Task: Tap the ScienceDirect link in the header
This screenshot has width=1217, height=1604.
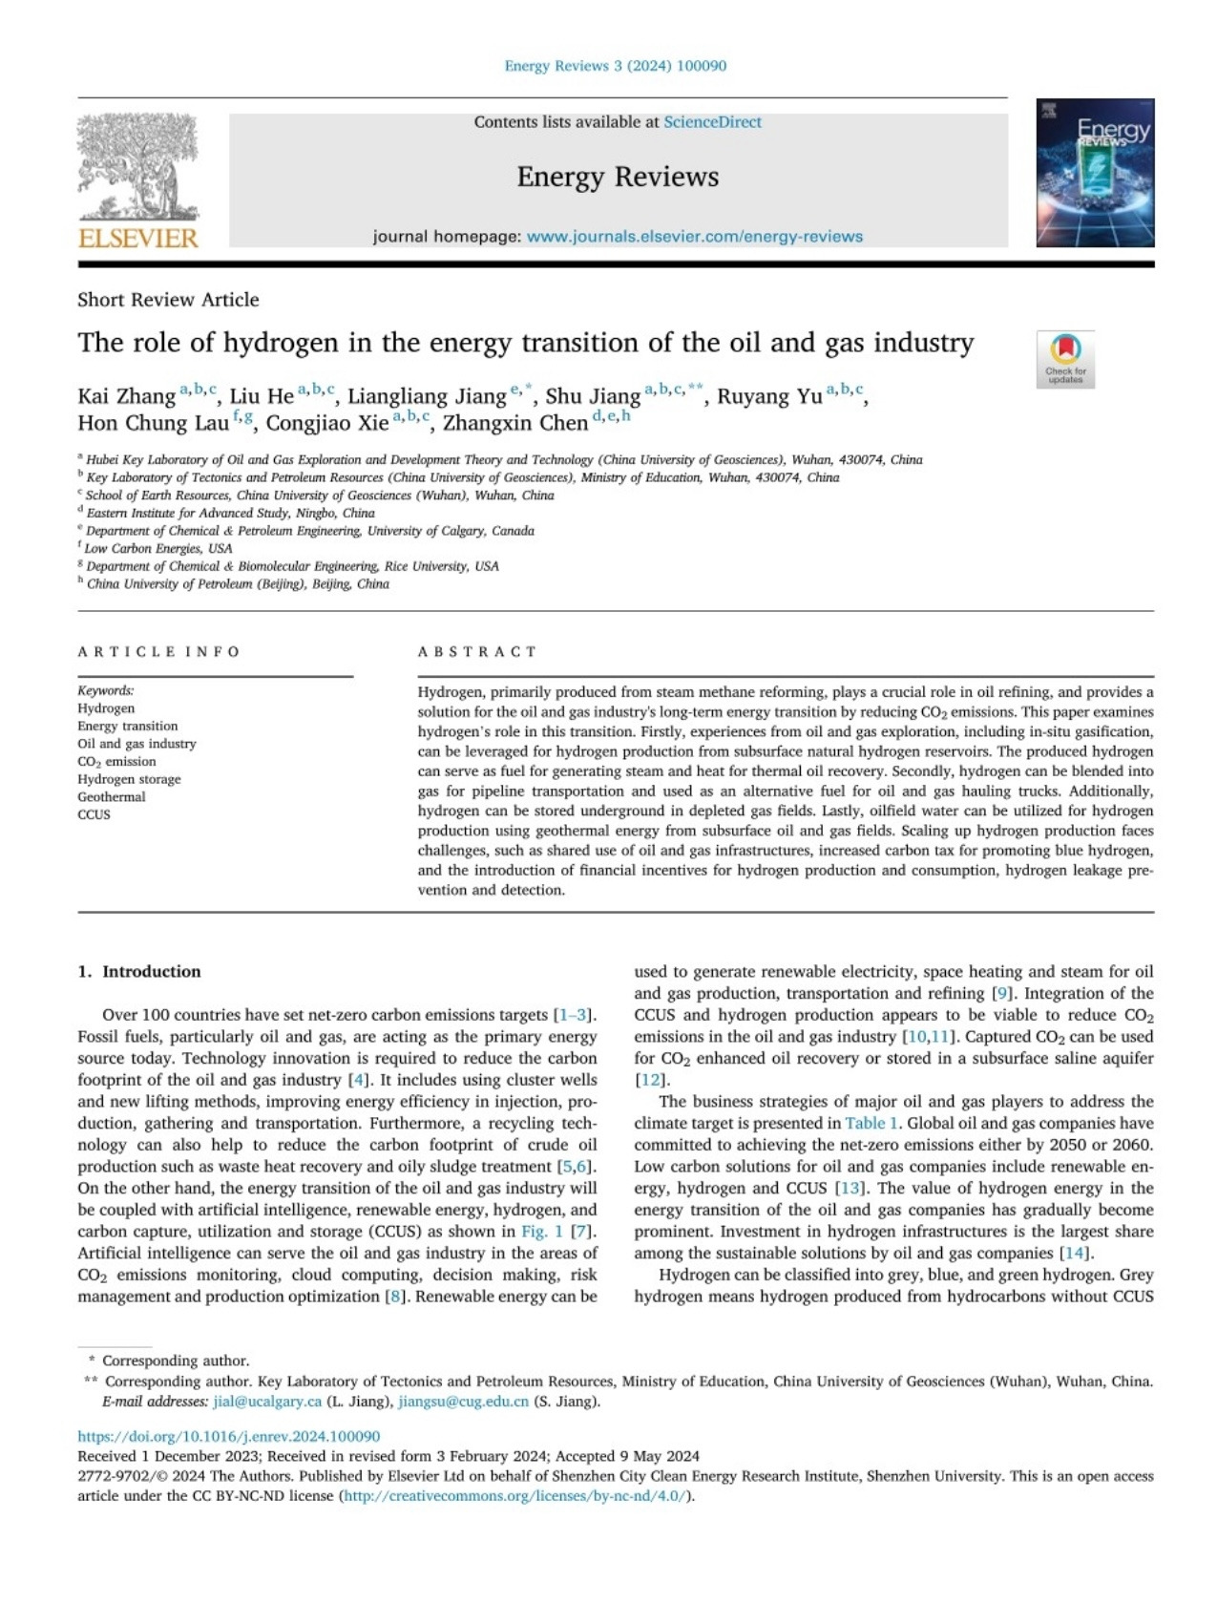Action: [712, 122]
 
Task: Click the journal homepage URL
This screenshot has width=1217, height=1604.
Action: [694, 237]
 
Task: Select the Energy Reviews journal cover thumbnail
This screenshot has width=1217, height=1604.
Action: [1095, 173]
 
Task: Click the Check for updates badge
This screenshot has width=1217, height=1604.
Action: [1065, 359]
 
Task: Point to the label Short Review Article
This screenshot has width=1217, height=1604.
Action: [168, 300]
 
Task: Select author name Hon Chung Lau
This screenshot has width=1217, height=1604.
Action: [153, 423]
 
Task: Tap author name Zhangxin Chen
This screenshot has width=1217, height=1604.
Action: [515, 423]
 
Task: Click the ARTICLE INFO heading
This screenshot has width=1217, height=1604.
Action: [158, 652]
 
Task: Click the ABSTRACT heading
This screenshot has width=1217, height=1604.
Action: [477, 652]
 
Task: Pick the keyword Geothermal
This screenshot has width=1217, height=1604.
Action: [112, 797]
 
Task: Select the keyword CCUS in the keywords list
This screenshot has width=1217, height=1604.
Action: [94, 814]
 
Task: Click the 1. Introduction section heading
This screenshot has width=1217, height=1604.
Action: [139, 972]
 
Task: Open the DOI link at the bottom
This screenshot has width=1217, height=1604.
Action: [229, 1436]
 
